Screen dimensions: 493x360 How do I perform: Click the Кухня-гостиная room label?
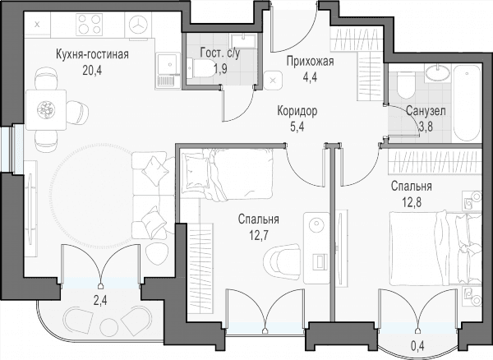coord(92,54)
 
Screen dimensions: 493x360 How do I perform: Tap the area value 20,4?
coord(92,71)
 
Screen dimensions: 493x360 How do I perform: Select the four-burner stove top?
coord(90,24)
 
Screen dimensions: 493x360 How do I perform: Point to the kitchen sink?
coord(168,71)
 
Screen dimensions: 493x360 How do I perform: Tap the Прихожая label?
coord(310,62)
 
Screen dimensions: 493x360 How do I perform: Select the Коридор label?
coord(297,111)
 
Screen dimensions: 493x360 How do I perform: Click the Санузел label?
coord(426,111)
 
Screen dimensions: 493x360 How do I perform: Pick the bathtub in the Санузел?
coord(467,103)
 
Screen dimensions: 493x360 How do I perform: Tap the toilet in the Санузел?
coord(406,85)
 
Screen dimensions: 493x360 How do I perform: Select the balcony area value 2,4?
coord(100,301)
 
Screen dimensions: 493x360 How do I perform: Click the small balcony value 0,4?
coord(417,346)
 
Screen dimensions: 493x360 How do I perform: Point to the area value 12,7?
coord(258,235)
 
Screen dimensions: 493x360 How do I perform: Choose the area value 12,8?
coord(412,202)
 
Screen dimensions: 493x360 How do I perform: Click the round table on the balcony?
coord(108,327)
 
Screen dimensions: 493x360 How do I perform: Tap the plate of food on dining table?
coord(46,110)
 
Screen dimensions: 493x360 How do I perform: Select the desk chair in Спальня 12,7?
coord(282,261)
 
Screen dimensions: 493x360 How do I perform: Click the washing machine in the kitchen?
coord(138,25)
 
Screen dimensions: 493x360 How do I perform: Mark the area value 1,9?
coord(220,68)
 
